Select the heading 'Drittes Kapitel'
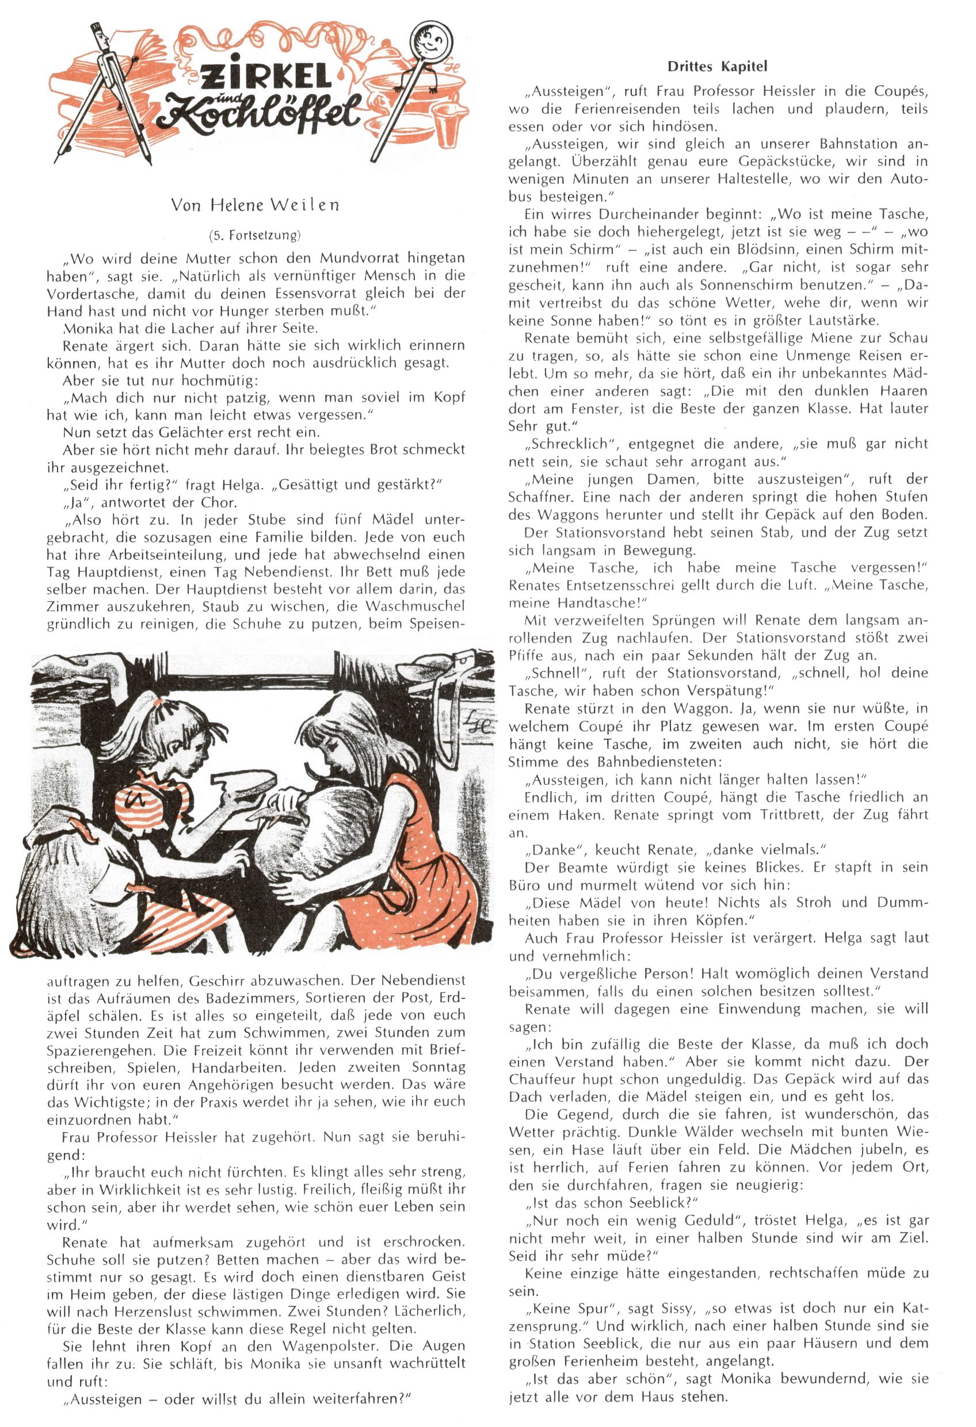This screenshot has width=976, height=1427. pyautogui.click(x=717, y=66)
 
